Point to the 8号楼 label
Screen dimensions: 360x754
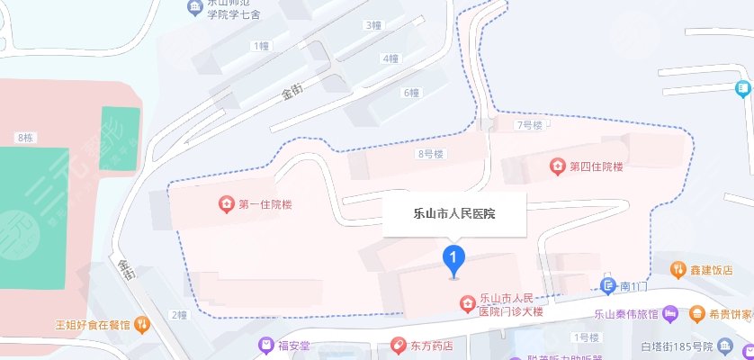tap(431, 154)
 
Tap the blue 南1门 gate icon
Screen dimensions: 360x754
tap(608, 285)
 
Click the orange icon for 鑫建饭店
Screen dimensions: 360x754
tap(678, 269)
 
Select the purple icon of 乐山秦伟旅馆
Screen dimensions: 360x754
tap(670, 314)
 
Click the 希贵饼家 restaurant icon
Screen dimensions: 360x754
tap(697, 314)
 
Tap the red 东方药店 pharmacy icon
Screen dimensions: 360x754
tap(397, 345)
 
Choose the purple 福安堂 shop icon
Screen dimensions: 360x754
tap(265, 344)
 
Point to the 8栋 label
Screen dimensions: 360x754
tap(25, 138)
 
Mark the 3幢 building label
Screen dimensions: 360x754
tap(373, 25)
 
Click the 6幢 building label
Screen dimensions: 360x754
tap(411, 93)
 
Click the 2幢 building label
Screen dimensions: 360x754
tap(177, 315)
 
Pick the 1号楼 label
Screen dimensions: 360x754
tap(587, 337)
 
